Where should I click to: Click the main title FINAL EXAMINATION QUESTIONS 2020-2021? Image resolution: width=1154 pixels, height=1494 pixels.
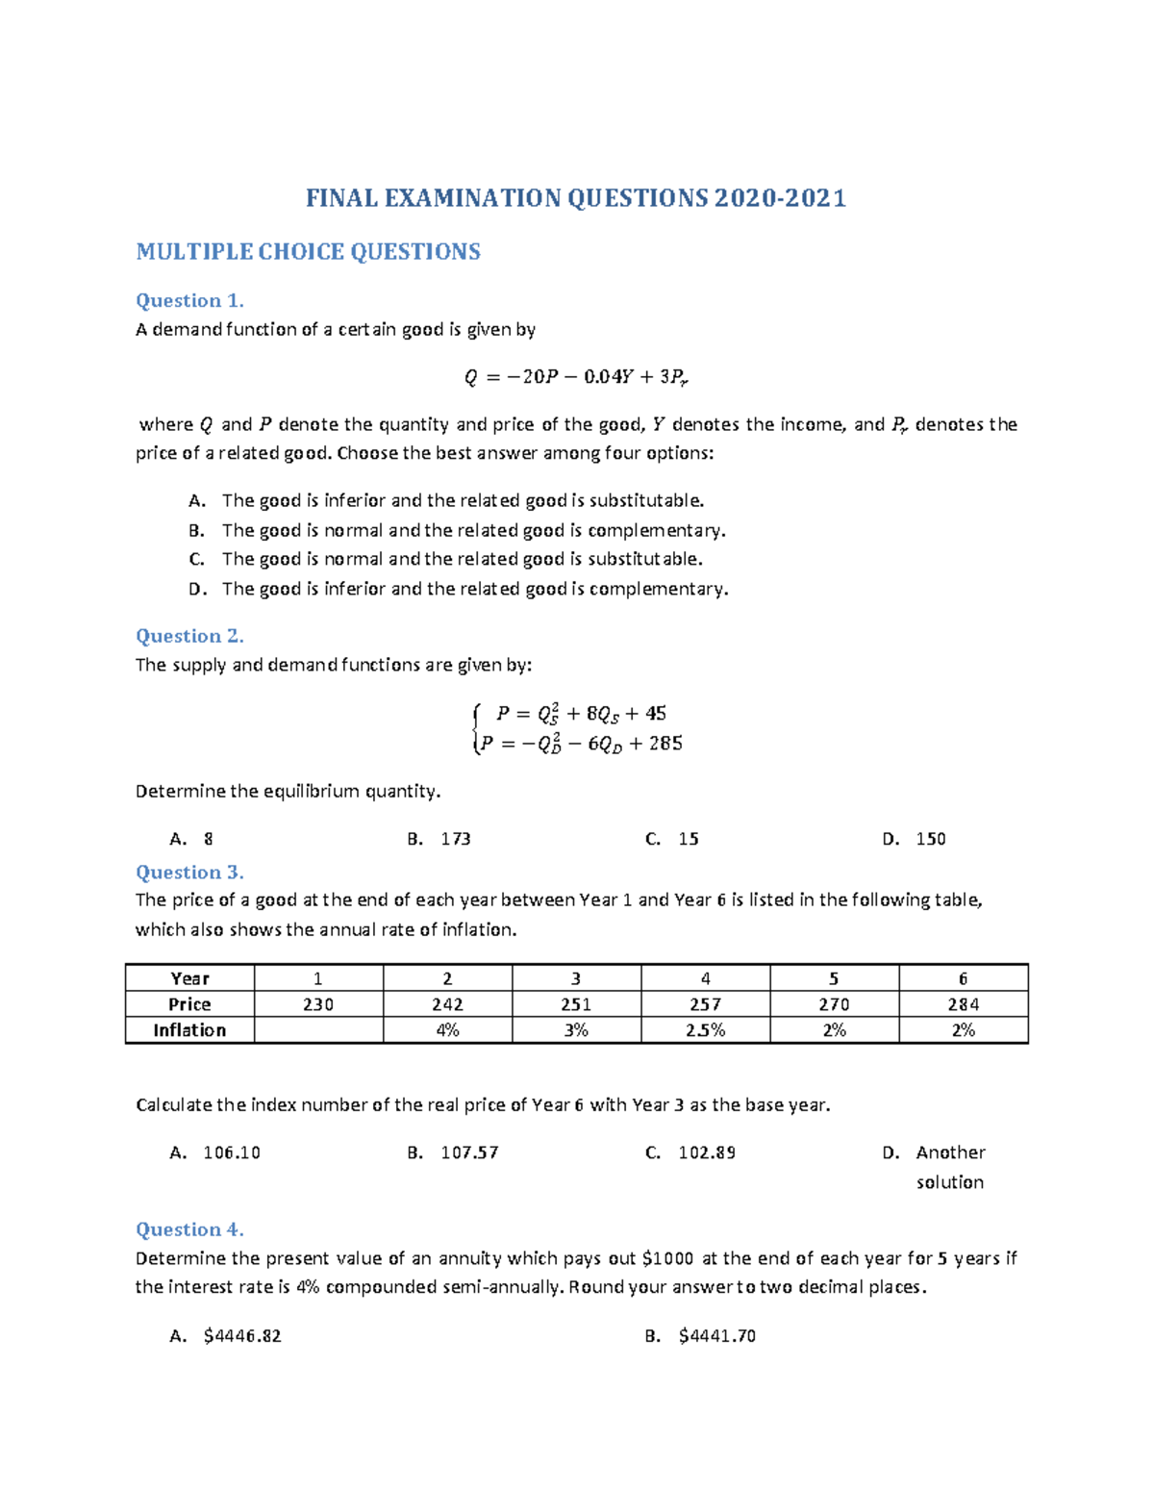[575, 198]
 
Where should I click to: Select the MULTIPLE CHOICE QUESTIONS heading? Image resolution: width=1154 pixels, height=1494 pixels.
[308, 252]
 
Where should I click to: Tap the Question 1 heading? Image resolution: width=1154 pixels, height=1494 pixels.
[189, 300]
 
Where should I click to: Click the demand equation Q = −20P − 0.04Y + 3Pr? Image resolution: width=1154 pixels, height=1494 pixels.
[576, 377]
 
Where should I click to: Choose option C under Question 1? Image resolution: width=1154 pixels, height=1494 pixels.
[462, 559]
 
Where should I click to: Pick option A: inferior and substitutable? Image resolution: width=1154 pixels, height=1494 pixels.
[463, 500]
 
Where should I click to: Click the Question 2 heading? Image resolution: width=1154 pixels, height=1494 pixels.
[189, 636]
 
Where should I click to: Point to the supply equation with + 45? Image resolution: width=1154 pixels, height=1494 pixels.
[581, 714]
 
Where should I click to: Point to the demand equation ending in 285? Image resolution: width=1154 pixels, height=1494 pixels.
[581, 744]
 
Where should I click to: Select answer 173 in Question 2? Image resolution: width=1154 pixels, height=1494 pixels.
[455, 839]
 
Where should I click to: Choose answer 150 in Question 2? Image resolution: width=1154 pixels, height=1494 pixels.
[930, 839]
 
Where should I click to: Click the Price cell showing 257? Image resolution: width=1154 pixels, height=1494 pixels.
[705, 1004]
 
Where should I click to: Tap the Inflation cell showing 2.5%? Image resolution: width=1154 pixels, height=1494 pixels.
[705, 1030]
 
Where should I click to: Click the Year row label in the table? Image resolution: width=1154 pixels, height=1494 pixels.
[189, 978]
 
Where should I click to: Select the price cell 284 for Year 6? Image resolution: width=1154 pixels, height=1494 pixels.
[963, 1004]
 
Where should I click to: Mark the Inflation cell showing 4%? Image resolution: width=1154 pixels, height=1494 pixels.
[447, 1030]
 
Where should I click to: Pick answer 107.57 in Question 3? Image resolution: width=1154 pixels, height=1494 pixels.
[469, 1152]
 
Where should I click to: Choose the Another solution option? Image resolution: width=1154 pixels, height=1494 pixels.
[949, 1166]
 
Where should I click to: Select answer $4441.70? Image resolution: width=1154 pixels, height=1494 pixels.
[716, 1336]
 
